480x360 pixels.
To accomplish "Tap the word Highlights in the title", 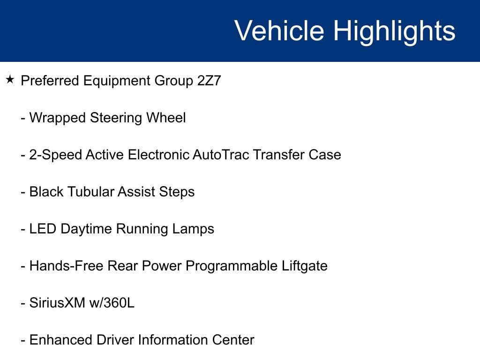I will (394, 31).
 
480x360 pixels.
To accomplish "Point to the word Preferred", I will (50, 81).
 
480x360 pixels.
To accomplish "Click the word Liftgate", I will (305, 266).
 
